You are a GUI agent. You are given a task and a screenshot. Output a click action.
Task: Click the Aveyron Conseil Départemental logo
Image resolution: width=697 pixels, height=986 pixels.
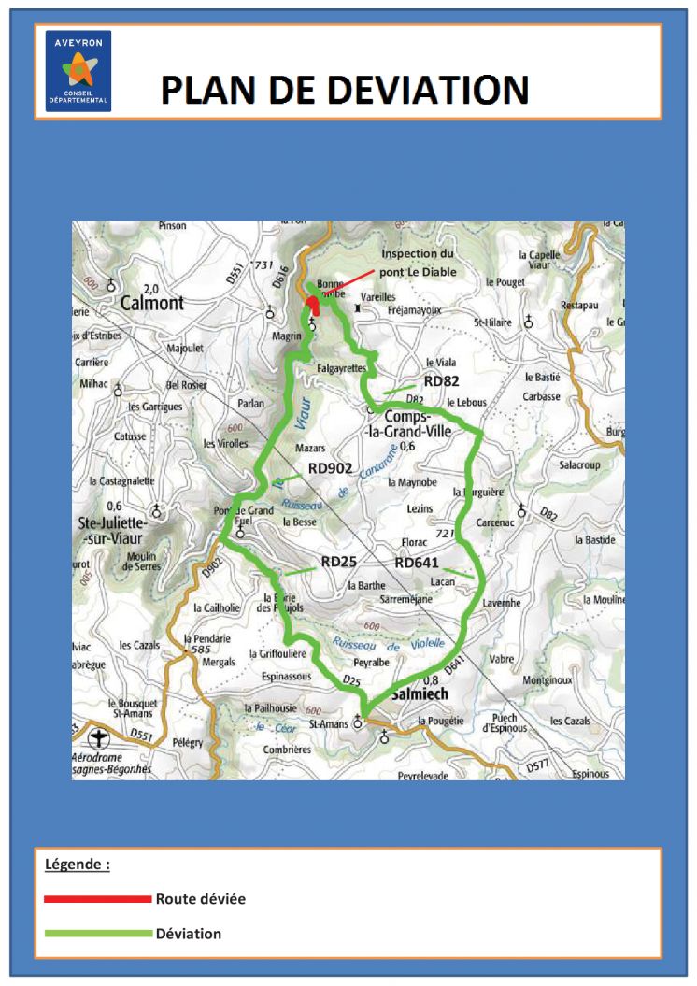(78, 71)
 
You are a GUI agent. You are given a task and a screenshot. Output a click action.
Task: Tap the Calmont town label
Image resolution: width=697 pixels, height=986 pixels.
(152, 303)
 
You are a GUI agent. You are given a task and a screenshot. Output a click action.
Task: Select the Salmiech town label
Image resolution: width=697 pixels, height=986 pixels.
(420, 694)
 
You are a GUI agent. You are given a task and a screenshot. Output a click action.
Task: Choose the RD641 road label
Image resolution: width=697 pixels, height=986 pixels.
(417, 564)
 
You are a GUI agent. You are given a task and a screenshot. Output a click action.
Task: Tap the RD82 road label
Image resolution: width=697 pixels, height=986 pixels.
(442, 381)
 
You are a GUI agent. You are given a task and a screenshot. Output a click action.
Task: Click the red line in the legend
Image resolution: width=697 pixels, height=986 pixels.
(97, 899)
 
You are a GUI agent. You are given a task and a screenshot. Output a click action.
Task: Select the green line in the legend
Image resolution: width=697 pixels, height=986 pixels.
(97, 934)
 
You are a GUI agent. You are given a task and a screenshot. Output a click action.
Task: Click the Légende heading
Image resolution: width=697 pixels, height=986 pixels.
(78, 865)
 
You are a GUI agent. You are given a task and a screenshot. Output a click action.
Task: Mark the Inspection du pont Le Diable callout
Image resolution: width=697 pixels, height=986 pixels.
(418, 263)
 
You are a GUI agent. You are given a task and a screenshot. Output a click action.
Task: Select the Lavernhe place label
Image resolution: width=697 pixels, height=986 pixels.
(502, 603)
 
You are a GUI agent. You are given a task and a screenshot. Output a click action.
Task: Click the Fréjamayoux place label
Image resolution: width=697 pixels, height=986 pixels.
(414, 309)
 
